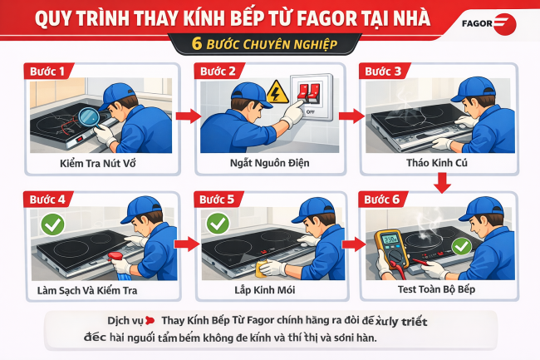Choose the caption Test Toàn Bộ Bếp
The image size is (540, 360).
[435, 292]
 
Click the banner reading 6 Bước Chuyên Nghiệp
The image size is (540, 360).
[269, 43]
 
